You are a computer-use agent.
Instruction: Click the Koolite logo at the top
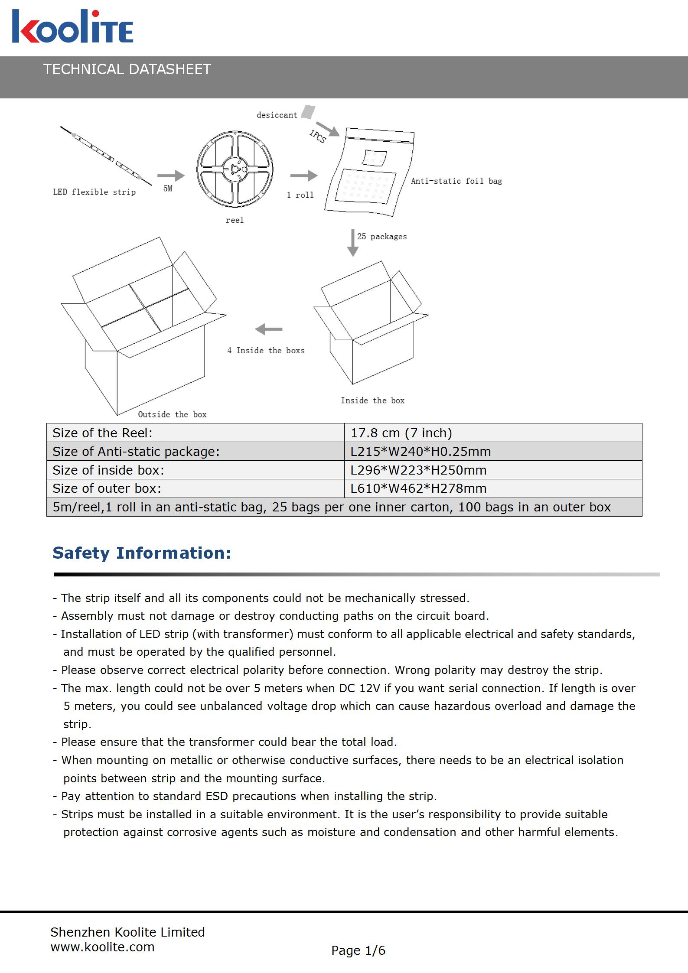72,27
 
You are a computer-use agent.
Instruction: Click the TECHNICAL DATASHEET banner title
127,69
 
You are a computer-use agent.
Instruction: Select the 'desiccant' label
277,115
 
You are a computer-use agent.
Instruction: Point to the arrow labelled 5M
171,176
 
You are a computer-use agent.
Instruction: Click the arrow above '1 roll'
303,176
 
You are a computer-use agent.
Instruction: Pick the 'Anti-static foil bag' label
456,181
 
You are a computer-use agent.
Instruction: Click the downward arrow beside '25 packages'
353,243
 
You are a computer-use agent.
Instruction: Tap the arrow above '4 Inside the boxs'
269,330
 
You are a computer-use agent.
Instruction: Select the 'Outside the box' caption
172,414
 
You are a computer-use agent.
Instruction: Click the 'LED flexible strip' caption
94,192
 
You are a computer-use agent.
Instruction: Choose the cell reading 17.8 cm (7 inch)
401,433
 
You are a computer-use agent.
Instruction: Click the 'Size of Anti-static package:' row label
136,452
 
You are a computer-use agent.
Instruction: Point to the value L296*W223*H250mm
418,470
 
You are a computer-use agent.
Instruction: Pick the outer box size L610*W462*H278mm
418,488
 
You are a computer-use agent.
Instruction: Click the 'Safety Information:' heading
142,553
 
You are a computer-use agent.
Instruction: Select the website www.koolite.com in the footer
102,947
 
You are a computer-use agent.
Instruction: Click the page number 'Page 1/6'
358,950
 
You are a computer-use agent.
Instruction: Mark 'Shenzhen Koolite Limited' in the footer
127,932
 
